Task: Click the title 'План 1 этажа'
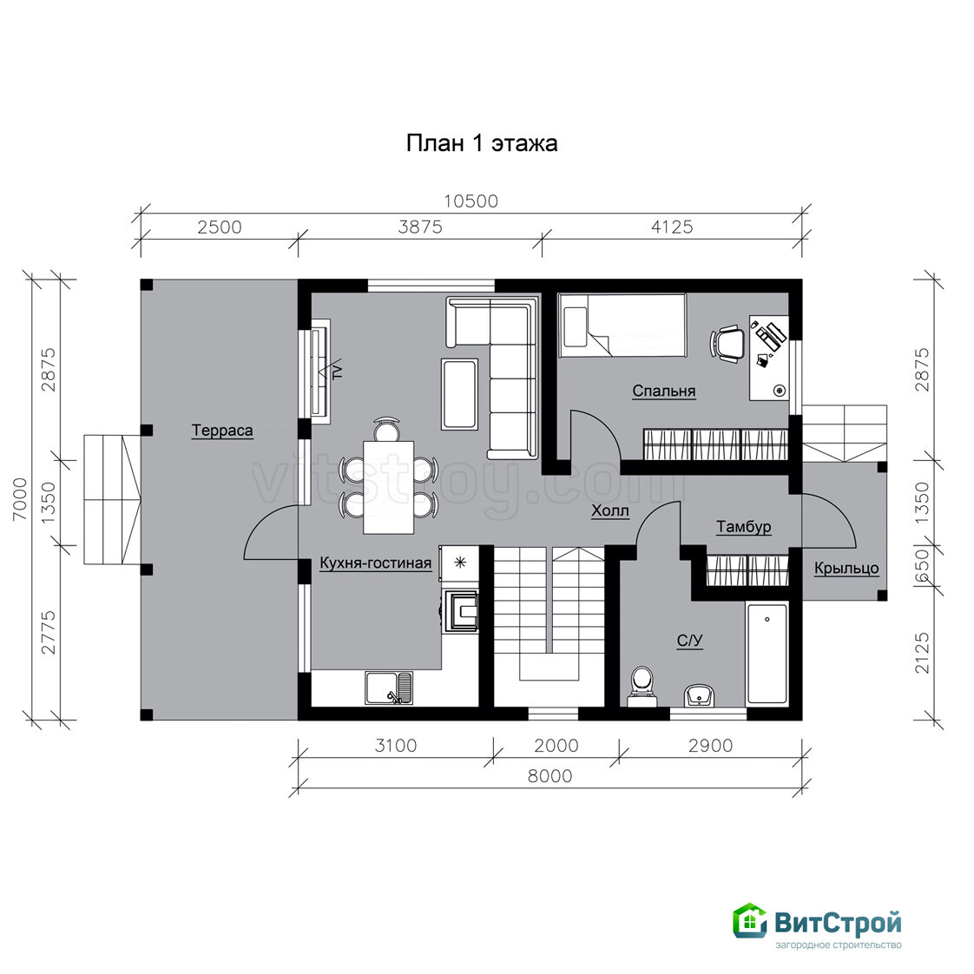[x=482, y=143]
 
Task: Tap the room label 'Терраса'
[x=222, y=430]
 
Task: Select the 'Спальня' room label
[x=664, y=392]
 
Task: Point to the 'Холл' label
[x=610, y=510]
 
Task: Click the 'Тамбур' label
[x=744, y=527]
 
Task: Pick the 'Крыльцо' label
[x=846, y=568]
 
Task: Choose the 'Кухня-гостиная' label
[x=375, y=563]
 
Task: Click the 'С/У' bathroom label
[x=689, y=641]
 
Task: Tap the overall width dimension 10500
[x=471, y=201]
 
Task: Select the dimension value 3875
[x=420, y=227]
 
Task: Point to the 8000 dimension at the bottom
[x=550, y=776]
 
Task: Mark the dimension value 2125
[x=923, y=653]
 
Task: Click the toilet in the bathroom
[x=642, y=687]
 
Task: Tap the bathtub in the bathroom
[x=767, y=653]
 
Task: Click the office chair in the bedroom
[x=727, y=343]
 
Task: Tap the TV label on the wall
[x=338, y=372]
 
